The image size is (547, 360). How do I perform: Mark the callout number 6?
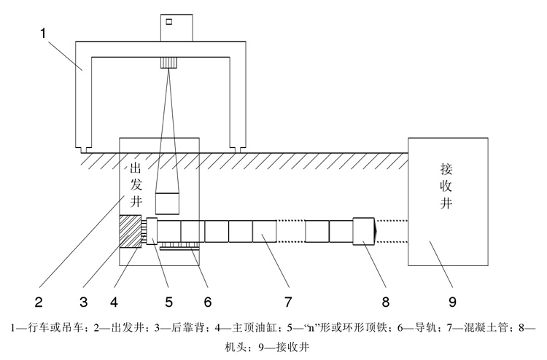(208, 299)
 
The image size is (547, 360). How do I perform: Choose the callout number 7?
(287, 299)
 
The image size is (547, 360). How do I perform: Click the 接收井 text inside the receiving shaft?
(447, 185)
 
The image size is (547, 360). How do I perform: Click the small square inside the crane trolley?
(169, 22)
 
